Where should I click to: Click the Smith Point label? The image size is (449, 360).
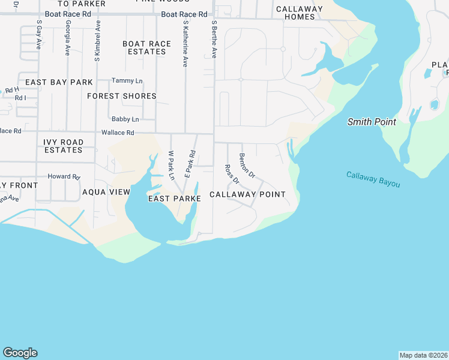click(x=372, y=122)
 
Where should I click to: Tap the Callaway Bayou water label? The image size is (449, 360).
click(x=373, y=179)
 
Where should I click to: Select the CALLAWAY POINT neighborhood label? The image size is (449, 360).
click(x=247, y=194)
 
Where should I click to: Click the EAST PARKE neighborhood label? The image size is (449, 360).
click(x=174, y=198)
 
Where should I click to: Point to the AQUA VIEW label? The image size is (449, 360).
click(x=106, y=192)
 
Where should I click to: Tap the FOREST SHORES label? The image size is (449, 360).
click(x=122, y=96)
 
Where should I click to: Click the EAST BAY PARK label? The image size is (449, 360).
click(x=59, y=82)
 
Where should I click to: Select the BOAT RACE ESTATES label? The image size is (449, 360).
click(x=146, y=48)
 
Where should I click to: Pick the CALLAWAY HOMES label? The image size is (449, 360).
click(x=299, y=13)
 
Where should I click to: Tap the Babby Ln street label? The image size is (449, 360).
click(x=125, y=119)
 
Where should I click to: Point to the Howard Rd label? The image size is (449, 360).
click(x=64, y=177)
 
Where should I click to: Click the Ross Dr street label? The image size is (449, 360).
click(x=232, y=174)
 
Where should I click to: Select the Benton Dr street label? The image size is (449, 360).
click(x=247, y=166)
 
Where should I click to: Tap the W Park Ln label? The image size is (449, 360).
click(x=172, y=166)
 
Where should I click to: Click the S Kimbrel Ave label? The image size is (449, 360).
click(x=97, y=41)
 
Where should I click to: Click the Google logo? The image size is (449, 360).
click(x=20, y=353)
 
